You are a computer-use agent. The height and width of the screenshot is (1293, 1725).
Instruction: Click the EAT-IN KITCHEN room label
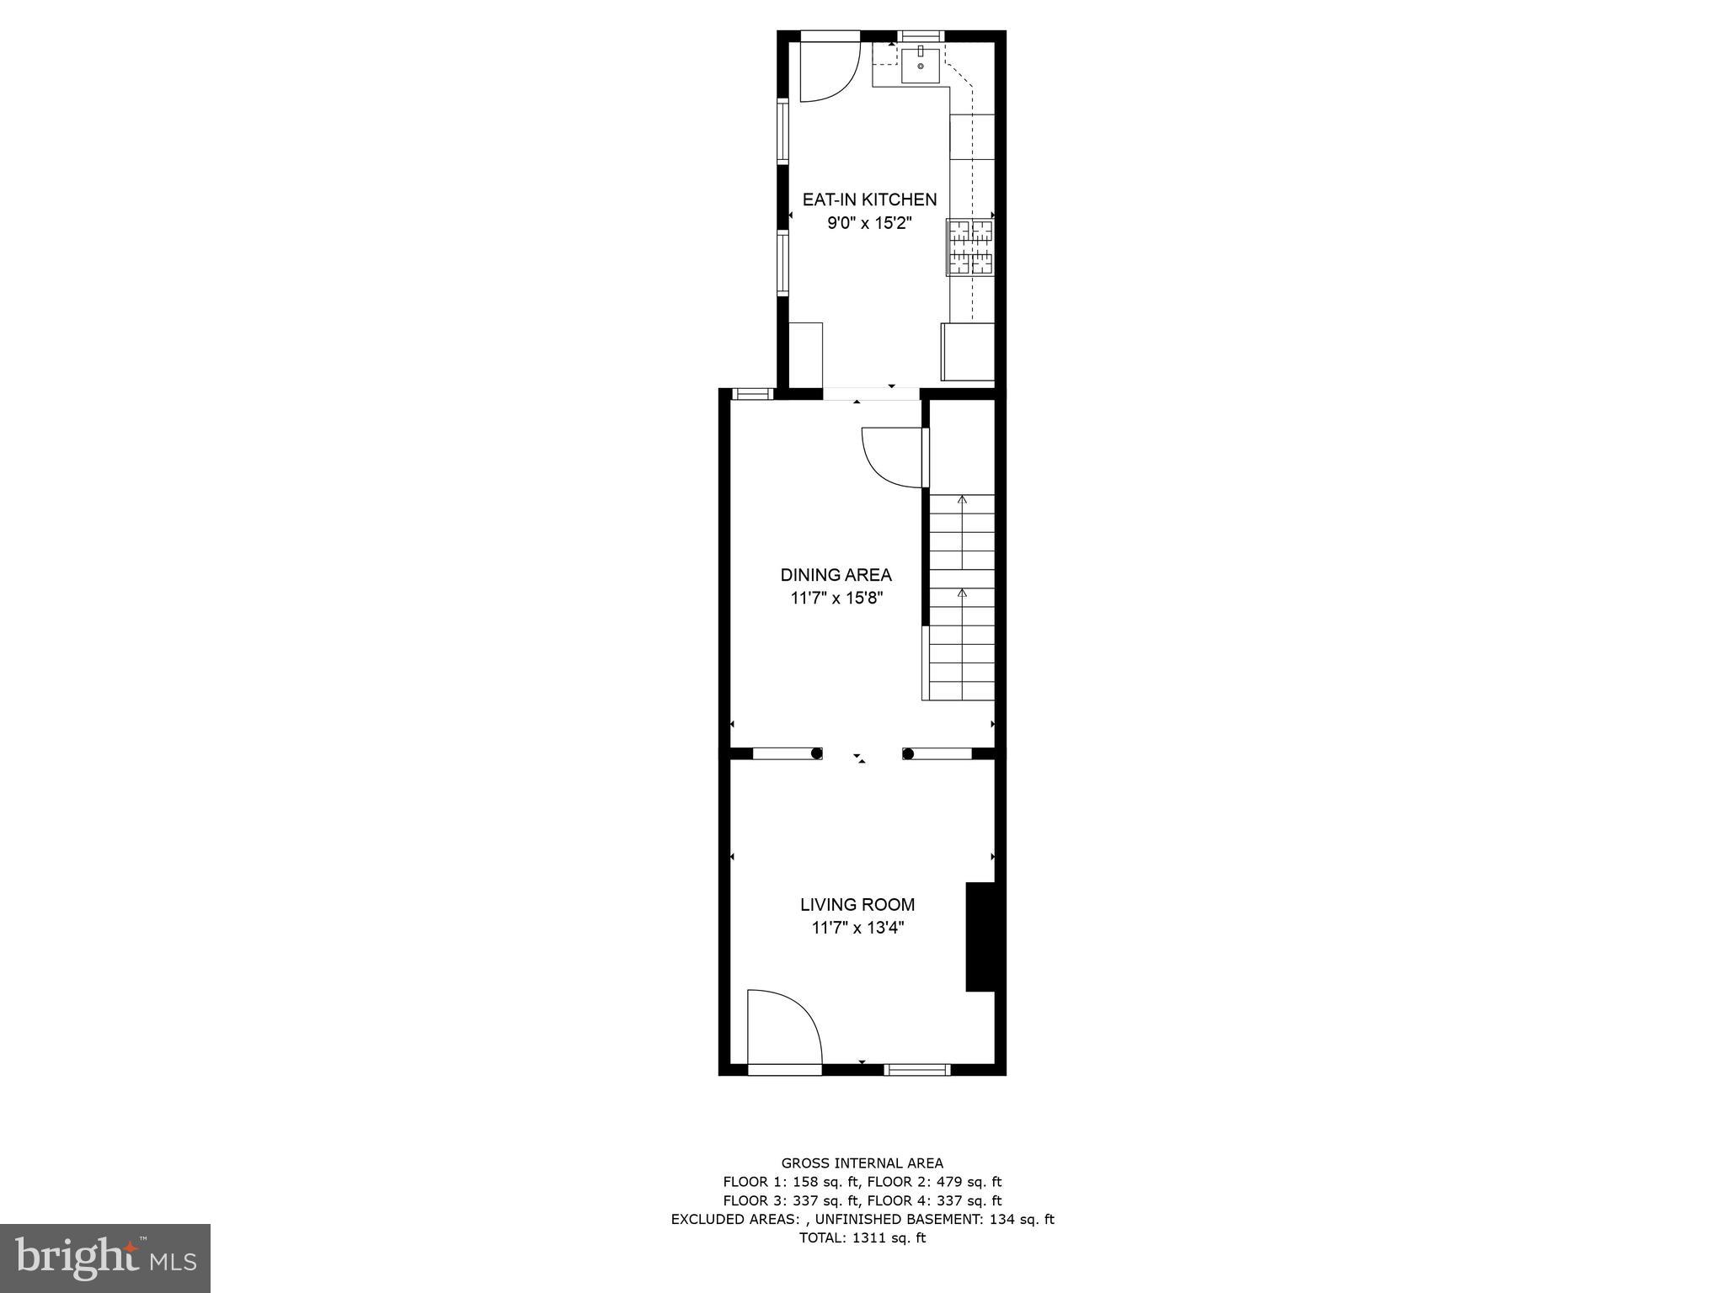pyautogui.click(x=869, y=200)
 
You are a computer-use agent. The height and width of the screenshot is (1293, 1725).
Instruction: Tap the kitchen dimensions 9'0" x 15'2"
pyautogui.click(x=869, y=223)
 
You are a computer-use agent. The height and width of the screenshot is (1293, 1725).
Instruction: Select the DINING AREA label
pyautogui.click(x=836, y=575)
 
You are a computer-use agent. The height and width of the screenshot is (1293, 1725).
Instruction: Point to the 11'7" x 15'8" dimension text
pyautogui.click(x=836, y=599)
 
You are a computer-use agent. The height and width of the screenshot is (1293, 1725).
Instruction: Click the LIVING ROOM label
pyautogui.click(x=857, y=905)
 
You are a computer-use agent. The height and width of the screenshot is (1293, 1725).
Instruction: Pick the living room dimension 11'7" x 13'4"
pyautogui.click(x=857, y=929)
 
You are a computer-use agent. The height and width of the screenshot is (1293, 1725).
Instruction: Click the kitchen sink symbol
pyautogui.click(x=921, y=66)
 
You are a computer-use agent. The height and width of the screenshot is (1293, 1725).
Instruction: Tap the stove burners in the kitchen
pyautogui.click(x=971, y=247)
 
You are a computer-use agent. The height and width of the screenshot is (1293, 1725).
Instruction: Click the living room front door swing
pyautogui.click(x=782, y=1029)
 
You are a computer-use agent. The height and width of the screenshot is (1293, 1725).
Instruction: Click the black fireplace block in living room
pyautogui.click(x=980, y=937)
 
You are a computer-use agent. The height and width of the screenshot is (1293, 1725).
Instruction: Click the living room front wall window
pyautogui.click(x=917, y=1070)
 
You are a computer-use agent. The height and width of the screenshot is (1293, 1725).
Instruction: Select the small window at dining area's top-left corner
pyautogui.click(x=751, y=393)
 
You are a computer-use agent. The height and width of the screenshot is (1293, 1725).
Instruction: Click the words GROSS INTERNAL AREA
pyautogui.click(x=862, y=1163)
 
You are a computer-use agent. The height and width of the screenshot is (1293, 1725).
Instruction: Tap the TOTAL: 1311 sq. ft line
pyautogui.click(x=862, y=1238)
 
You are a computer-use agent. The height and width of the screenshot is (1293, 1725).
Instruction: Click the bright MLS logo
pyautogui.click(x=105, y=1258)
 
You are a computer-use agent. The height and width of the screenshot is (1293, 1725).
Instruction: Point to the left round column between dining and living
pyautogui.click(x=816, y=753)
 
